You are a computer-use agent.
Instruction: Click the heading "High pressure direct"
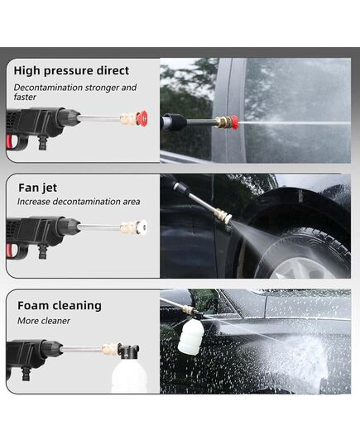pyautogui.click(x=71, y=71)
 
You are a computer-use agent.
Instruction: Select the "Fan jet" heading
pyautogui.click(x=38, y=188)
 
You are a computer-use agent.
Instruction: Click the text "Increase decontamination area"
pyautogui.click(x=79, y=202)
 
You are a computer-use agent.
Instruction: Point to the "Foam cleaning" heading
pyautogui.click(x=60, y=306)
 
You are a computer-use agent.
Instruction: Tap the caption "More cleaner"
pyautogui.click(x=44, y=321)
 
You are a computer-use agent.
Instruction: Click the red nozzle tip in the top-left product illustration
pyautogui.click(x=142, y=117)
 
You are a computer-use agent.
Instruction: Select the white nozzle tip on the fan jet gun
pyautogui.click(x=142, y=227)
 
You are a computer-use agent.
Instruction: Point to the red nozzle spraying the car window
pyautogui.click(x=234, y=122)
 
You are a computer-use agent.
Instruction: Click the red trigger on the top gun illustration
pyautogui.click(x=10, y=143)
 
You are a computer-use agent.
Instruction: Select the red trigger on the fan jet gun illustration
pyautogui.click(x=10, y=251)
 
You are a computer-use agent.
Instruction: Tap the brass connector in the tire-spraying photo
pyautogui.click(x=223, y=216)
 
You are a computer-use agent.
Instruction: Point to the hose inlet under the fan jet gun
pyautogui.click(x=42, y=251)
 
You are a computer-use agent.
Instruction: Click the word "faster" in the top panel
pyautogui.click(x=25, y=97)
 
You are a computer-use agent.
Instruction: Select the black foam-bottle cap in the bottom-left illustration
pyautogui.click(x=129, y=351)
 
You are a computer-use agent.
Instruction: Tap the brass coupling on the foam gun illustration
pyautogui.click(x=111, y=349)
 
